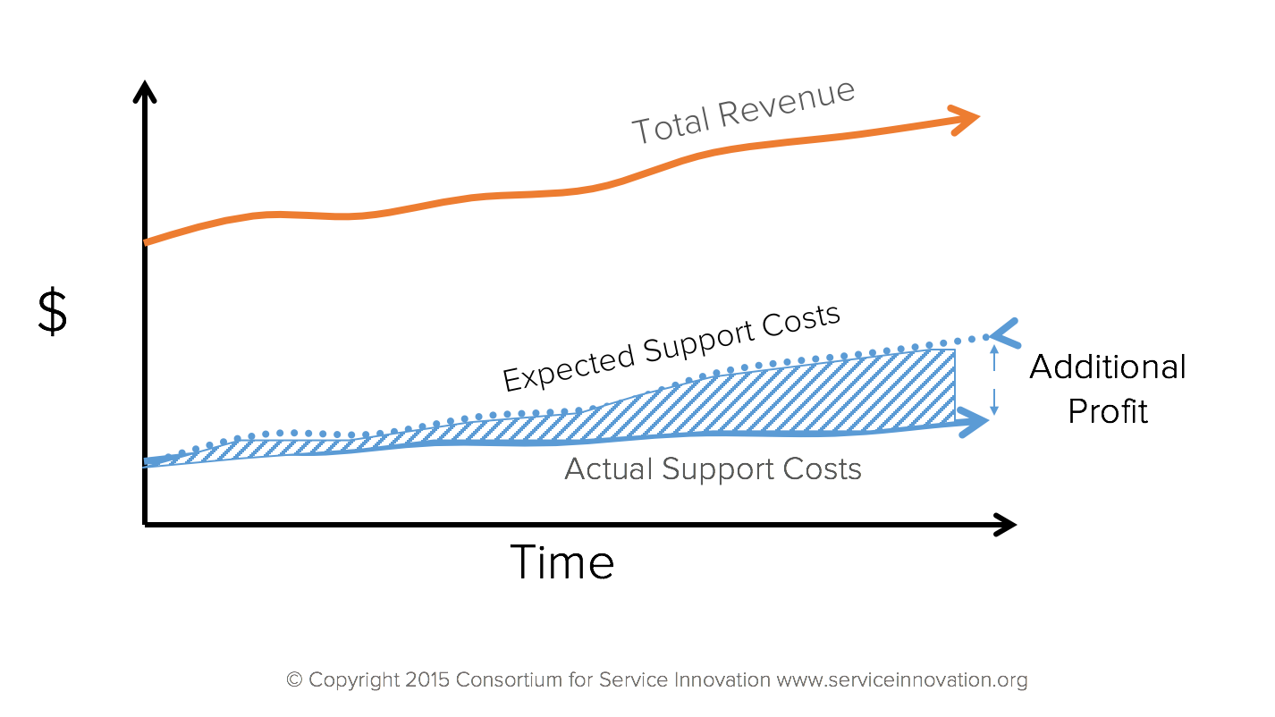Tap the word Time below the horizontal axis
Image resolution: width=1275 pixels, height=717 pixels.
coord(562,562)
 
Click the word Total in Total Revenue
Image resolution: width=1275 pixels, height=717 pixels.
coord(671,125)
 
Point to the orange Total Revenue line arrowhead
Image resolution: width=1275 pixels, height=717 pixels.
coord(967,119)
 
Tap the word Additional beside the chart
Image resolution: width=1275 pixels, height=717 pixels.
coord(1108,367)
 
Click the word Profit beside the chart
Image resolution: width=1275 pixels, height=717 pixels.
coord(1108,411)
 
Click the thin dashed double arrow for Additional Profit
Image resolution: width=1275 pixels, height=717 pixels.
coord(993,382)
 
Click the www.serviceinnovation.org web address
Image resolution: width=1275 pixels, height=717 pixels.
coord(901,680)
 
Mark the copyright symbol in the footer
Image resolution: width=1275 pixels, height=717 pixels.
coord(294,680)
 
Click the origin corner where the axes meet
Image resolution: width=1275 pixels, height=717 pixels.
coord(145,524)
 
